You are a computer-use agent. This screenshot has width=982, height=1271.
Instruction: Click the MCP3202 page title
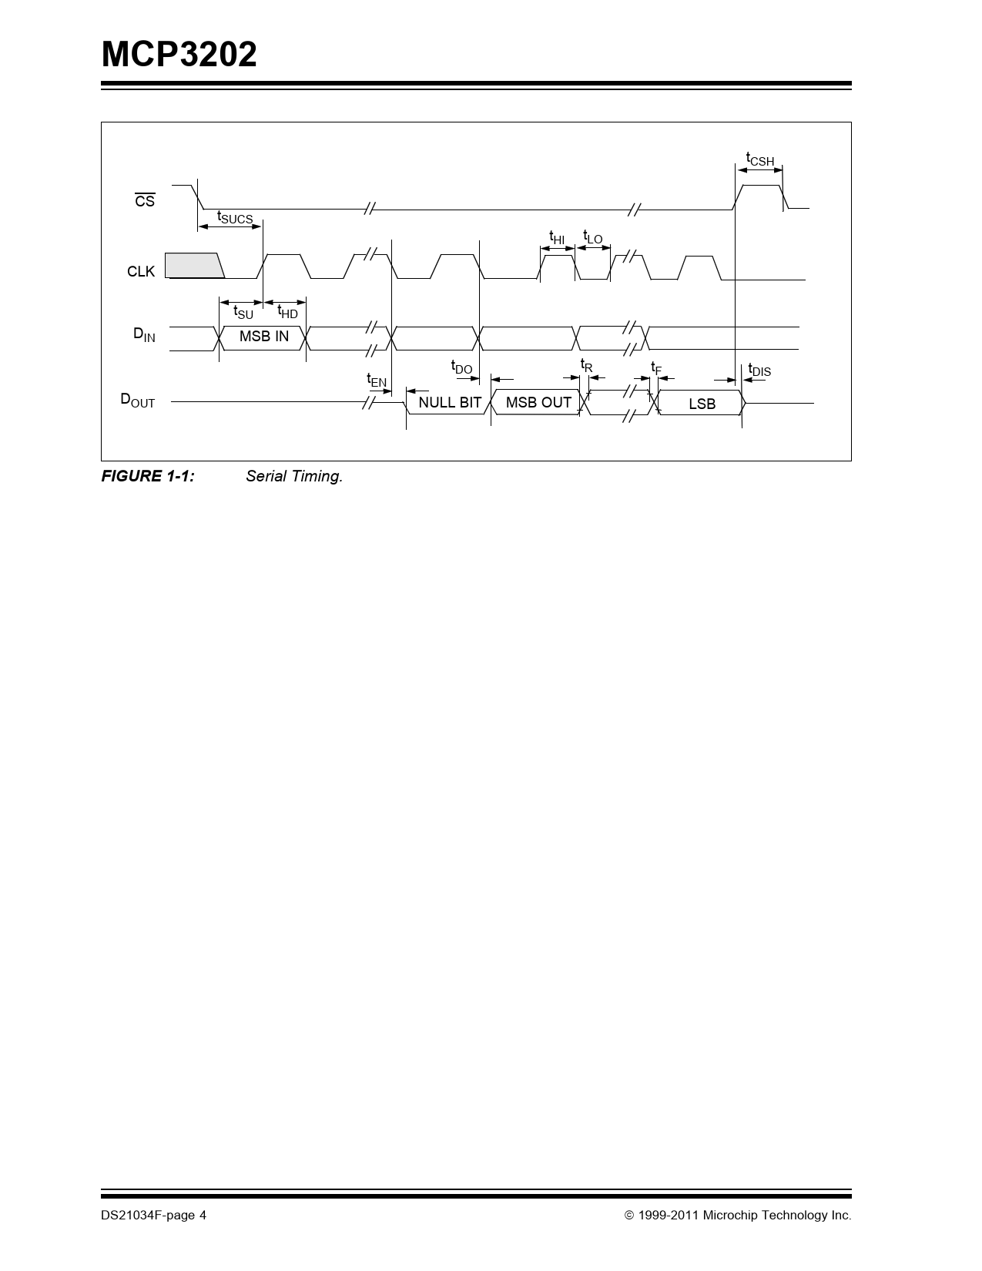[179, 55]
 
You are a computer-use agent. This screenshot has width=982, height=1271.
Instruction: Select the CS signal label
[145, 200]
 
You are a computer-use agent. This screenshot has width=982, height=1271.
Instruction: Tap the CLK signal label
[141, 271]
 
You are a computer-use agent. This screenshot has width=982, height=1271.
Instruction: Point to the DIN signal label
[144, 334]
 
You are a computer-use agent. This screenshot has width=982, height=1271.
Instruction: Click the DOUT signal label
[137, 400]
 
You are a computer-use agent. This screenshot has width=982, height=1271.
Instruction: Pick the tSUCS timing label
[235, 217]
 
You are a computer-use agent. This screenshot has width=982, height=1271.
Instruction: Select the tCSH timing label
[759, 159]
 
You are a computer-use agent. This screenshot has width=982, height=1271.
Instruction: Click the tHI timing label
[557, 237]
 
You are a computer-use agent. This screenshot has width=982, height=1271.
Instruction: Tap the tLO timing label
[592, 237]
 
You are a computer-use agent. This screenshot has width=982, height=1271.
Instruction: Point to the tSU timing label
[243, 312]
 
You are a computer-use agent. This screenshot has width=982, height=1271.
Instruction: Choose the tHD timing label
[288, 312]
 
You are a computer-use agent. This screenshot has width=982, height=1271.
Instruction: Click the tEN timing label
[377, 381]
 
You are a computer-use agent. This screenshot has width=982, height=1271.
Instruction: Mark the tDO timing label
[461, 367]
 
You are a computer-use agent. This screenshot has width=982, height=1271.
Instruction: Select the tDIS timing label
[759, 371]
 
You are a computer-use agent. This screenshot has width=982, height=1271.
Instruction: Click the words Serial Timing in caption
[294, 476]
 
